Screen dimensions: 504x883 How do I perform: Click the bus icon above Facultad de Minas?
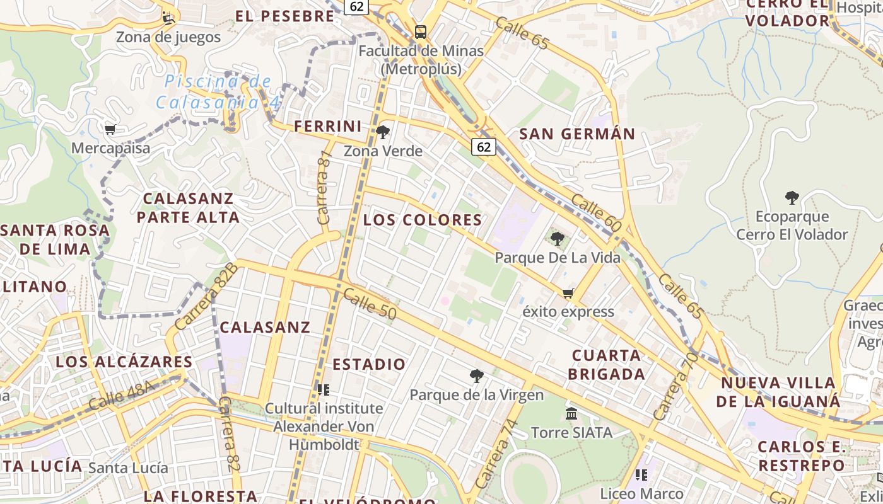coord(420,32)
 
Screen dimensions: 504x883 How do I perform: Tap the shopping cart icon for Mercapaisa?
coord(110,130)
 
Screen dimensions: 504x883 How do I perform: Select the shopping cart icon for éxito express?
coord(568,293)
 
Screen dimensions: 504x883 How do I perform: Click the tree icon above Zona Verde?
coord(383,132)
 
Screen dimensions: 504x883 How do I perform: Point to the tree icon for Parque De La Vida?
coord(557,239)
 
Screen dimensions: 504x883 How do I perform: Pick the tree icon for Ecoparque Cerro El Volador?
coord(792,198)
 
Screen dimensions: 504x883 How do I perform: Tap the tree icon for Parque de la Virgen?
coord(477,376)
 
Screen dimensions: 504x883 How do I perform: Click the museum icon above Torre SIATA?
coord(571,414)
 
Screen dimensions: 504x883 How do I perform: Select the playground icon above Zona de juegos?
coord(168,18)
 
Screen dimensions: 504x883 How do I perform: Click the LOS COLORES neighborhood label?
coord(423,220)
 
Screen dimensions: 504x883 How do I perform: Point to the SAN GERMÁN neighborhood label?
coord(577,134)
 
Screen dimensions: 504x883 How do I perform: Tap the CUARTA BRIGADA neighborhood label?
coord(607,364)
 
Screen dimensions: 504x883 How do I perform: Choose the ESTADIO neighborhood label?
coord(369,364)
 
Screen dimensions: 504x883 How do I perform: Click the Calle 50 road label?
coord(370,303)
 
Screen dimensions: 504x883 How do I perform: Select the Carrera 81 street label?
coord(324,187)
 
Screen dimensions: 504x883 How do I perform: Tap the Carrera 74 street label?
coord(496,454)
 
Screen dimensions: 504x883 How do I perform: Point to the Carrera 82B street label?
coord(206,297)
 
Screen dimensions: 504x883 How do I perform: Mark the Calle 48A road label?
coord(121,396)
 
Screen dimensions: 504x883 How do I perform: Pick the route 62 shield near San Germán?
coord(483,147)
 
